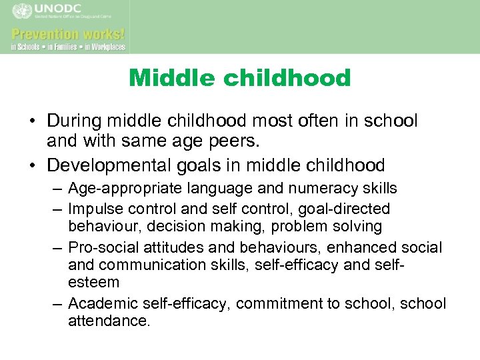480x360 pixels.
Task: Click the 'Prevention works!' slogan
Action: tap(68, 33)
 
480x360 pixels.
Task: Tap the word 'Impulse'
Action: tap(94, 209)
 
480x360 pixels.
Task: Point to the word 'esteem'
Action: tap(93, 283)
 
